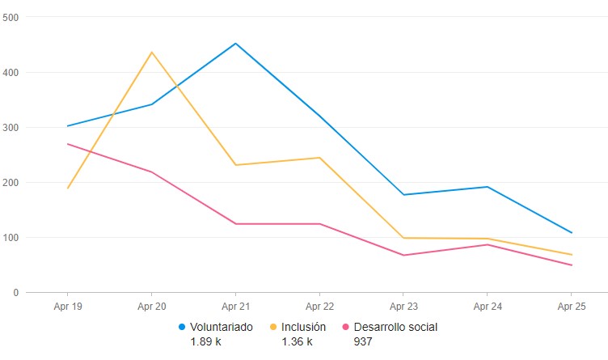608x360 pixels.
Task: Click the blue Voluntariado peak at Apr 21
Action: (x=235, y=44)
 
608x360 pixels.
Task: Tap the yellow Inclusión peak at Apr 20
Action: (x=152, y=53)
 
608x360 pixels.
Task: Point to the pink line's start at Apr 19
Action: (x=68, y=144)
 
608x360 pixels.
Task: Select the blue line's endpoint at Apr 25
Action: (x=571, y=233)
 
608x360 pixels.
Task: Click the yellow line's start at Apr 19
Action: (x=68, y=188)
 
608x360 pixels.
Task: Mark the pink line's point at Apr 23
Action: (x=403, y=256)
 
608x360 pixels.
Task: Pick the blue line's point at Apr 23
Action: (x=403, y=195)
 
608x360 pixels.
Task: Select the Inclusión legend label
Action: (x=303, y=328)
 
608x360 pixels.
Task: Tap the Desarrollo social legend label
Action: (x=395, y=328)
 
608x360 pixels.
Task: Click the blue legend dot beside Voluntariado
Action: (x=183, y=328)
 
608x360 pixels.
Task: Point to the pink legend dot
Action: (x=347, y=328)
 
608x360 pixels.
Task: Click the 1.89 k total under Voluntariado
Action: (x=205, y=342)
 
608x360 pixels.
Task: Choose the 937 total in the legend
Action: (x=363, y=342)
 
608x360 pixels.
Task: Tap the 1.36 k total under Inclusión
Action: (x=297, y=342)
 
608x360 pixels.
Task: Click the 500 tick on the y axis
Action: (x=12, y=17)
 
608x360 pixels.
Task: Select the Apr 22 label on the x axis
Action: (x=319, y=307)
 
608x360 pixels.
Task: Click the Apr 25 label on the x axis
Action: (x=571, y=307)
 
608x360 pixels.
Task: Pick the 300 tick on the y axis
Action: (x=12, y=127)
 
